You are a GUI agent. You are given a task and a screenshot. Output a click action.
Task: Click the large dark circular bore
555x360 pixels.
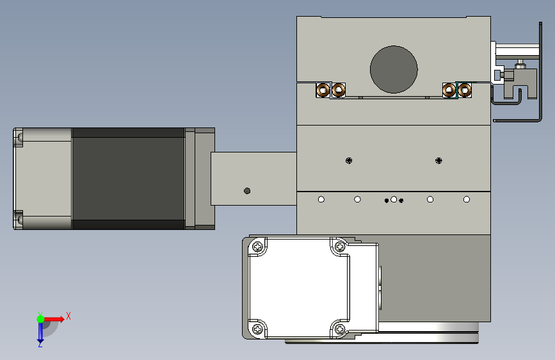coord(394,69)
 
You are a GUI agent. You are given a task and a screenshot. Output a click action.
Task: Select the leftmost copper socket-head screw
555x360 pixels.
coord(323,90)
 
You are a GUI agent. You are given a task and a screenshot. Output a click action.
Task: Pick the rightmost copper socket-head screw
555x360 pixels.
coord(464,90)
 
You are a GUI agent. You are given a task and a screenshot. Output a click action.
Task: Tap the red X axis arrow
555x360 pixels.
coord(54,319)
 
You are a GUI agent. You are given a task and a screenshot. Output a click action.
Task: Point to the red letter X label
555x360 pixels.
coord(68,316)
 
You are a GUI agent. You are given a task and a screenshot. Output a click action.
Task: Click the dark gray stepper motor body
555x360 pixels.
coord(128,179)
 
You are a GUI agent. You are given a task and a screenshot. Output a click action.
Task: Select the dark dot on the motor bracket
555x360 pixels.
coord(247,191)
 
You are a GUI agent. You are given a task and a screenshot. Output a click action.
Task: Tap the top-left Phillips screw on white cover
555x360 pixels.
coord(258,246)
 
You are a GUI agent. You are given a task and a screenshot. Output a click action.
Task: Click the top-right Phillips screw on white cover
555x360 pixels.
coord(340,246)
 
